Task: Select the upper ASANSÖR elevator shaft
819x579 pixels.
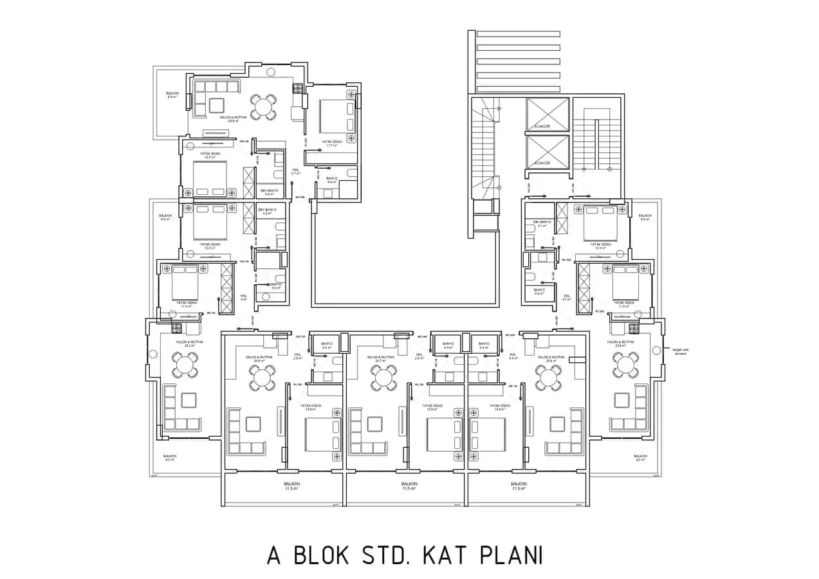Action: [548, 115]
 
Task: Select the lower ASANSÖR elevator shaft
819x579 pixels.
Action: [548, 152]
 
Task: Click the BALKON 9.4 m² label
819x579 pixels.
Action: [172, 95]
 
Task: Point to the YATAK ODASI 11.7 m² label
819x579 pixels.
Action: [331, 143]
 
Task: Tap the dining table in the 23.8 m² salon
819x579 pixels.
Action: [262, 107]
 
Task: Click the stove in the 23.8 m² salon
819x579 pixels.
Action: [298, 89]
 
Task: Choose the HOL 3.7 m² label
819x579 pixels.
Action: [296, 172]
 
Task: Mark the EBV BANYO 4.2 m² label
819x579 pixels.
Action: [267, 212]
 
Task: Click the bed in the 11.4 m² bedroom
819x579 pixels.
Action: [185, 280]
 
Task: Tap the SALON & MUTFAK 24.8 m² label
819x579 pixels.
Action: [259, 359]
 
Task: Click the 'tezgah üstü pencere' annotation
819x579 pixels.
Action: [680, 351]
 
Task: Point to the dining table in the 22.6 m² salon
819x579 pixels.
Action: [625, 365]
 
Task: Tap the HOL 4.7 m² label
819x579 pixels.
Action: [567, 298]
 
